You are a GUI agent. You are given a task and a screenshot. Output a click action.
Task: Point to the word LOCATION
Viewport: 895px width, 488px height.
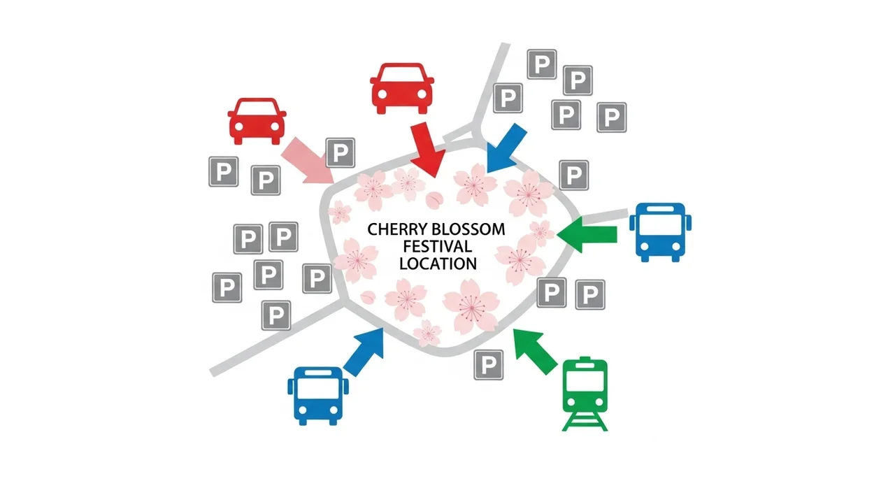tap(438, 264)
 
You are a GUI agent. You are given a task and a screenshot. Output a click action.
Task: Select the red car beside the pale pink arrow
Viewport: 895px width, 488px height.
tap(257, 120)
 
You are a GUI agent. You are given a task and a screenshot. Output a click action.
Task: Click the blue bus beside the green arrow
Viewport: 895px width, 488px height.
tap(659, 231)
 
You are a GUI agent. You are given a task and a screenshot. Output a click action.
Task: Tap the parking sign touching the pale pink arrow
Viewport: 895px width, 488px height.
tap(341, 152)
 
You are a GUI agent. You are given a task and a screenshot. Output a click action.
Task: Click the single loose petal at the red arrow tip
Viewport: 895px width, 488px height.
tap(435, 199)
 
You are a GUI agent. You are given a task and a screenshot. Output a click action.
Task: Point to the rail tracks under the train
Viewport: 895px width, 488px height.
tap(585, 419)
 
